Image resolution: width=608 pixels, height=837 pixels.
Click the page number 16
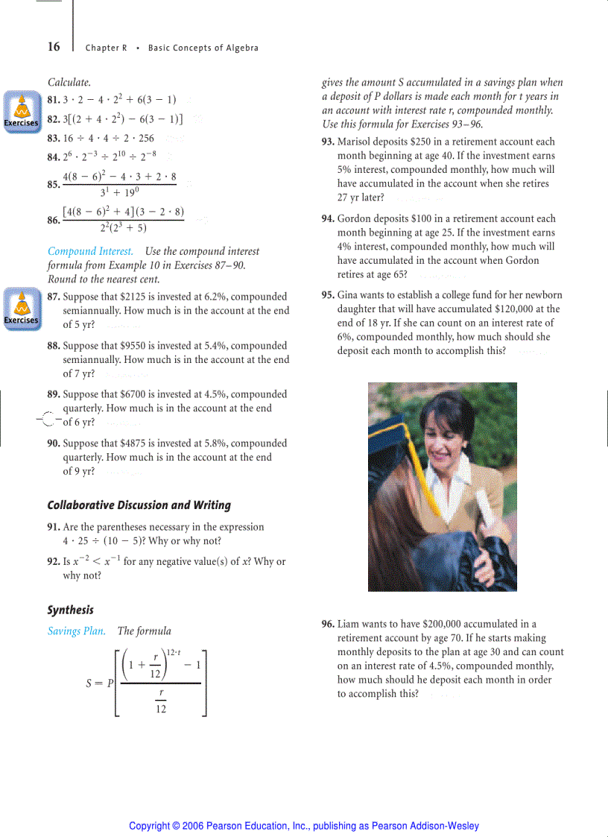(x=54, y=47)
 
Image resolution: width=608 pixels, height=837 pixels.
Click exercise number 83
(x=54, y=138)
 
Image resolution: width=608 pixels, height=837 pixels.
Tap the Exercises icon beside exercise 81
(x=21, y=111)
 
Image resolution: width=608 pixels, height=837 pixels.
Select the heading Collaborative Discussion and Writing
(x=139, y=505)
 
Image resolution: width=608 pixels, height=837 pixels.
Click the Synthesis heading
(x=70, y=610)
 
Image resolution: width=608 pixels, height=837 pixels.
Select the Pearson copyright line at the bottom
(x=303, y=826)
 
